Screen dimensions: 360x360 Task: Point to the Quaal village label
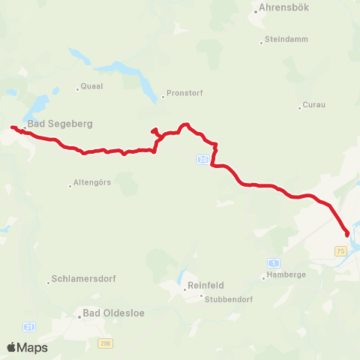point(91,86)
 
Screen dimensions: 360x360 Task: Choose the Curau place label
point(315,105)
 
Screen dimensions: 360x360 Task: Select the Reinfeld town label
point(205,285)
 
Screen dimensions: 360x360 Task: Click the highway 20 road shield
point(204,160)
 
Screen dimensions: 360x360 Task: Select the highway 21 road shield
point(29,327)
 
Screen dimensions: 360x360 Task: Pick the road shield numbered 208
point(105,342)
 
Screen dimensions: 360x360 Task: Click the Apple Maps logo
point(27,347)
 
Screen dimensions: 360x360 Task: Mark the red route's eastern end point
point(346,234)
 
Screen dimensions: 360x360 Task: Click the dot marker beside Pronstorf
point(163,97)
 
